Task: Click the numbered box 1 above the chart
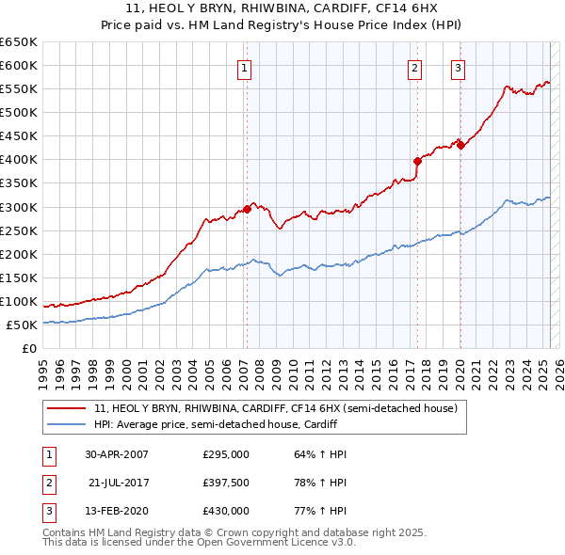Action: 244,67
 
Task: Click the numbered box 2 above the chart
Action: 414,67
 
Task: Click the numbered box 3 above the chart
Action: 458,67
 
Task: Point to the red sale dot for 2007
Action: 247,209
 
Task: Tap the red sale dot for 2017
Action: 417,160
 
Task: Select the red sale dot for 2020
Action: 460,145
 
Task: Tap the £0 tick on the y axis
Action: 28,348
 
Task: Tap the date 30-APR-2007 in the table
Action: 117,454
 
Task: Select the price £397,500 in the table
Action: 226,483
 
